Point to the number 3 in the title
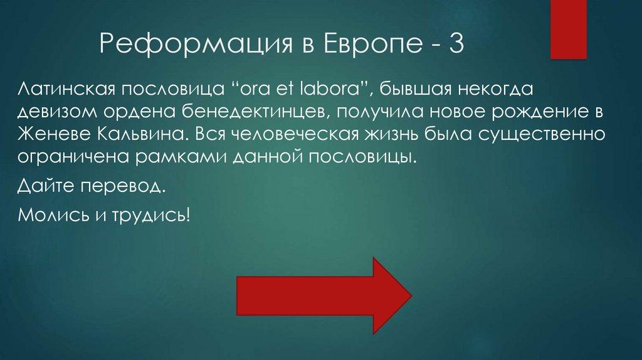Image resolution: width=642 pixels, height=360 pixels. pos(454,46)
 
